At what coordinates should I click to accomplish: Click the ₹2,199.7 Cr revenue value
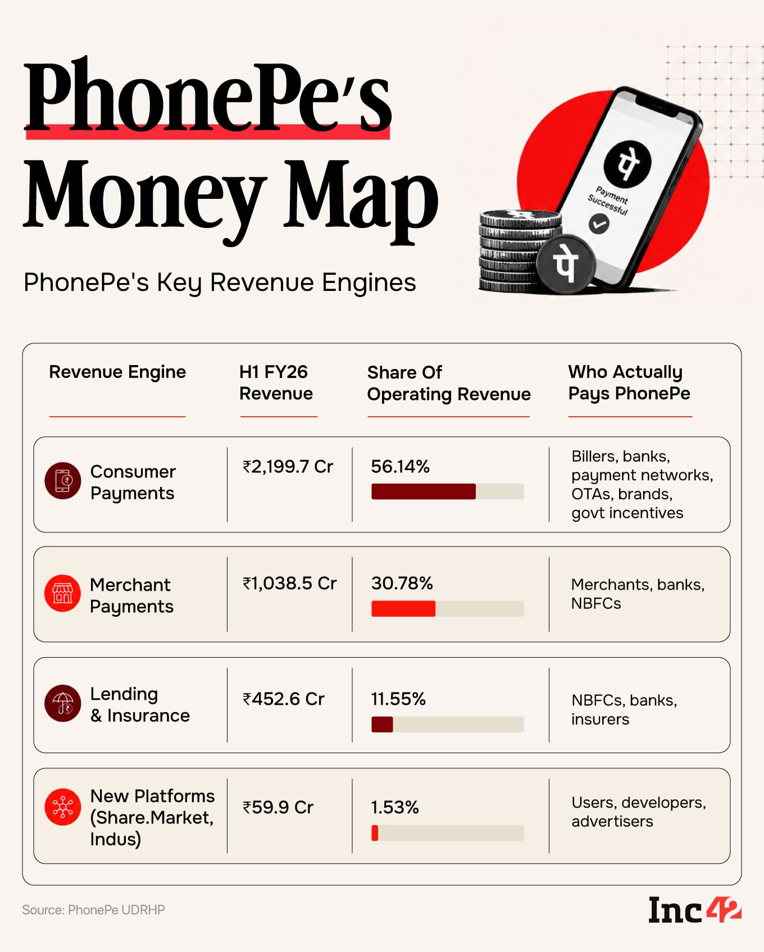(288, 467)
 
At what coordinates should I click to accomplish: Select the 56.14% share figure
(400, 467)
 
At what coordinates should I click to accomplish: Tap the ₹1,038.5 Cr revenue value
(289, 584)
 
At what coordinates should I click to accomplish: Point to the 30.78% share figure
(402, 584)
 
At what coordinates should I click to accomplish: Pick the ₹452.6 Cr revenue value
(283, 699)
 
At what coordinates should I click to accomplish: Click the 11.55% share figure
(398, 699)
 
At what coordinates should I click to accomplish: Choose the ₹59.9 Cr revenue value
(278, 808)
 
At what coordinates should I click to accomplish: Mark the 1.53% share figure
(394, 808)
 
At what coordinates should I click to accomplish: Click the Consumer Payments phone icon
(63, 481)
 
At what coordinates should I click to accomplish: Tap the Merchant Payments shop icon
(63, 593)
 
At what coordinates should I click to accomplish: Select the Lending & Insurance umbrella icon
(63, 703)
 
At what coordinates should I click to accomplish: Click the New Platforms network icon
(63, 807)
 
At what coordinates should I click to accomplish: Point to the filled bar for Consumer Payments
(424, 491)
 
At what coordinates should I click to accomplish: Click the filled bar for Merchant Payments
(403, 609)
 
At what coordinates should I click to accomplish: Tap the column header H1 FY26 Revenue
(276, 382)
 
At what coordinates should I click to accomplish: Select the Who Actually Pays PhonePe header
(629, 382)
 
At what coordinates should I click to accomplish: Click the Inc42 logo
(695, 910)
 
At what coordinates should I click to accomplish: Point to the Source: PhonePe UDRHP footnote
(93, 910)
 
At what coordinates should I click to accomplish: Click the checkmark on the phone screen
(599, 224)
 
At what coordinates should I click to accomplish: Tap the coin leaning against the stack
(566, 264)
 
